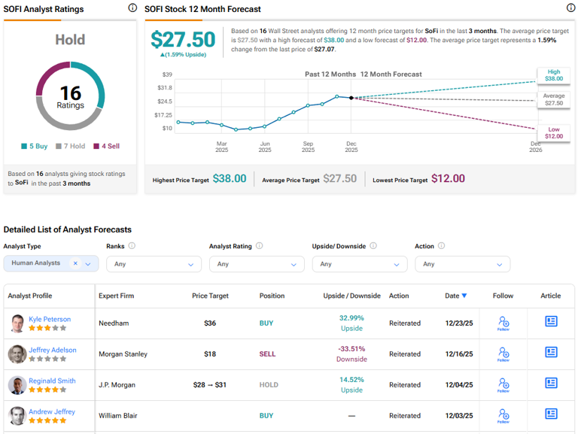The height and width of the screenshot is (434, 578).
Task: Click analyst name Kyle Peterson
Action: (x=50, y=319)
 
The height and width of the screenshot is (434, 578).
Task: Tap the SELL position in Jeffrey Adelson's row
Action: (x=266, y=354)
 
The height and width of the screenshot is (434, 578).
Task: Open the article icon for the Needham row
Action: (x=551, y=321)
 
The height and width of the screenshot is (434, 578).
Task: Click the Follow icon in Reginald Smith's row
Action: (x=503, y=384)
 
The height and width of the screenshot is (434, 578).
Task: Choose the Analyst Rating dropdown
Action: (x=257, y=264)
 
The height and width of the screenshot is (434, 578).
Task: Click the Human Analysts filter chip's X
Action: (x=75, y=263)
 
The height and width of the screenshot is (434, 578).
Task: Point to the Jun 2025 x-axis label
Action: (x=265, y=146)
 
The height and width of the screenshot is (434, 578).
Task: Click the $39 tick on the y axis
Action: (x=167, y=74)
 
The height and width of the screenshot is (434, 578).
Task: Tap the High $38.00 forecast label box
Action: (x=553, y=74)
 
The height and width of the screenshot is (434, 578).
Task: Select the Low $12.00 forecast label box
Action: (x=553, y=133)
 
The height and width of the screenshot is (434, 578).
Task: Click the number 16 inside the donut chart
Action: (x=70, y=93)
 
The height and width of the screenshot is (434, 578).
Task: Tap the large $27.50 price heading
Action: (x=183, y=39)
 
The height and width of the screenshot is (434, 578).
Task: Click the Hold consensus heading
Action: (x=70, y=39)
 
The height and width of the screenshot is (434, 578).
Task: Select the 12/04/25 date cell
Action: (x=458, y=384)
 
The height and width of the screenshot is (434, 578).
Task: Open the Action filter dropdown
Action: (x=462, y=264)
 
